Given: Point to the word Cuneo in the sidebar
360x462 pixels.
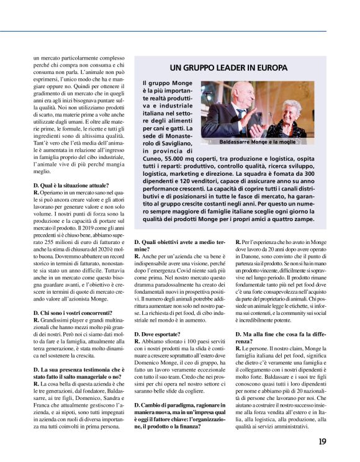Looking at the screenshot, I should [153, 160].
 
